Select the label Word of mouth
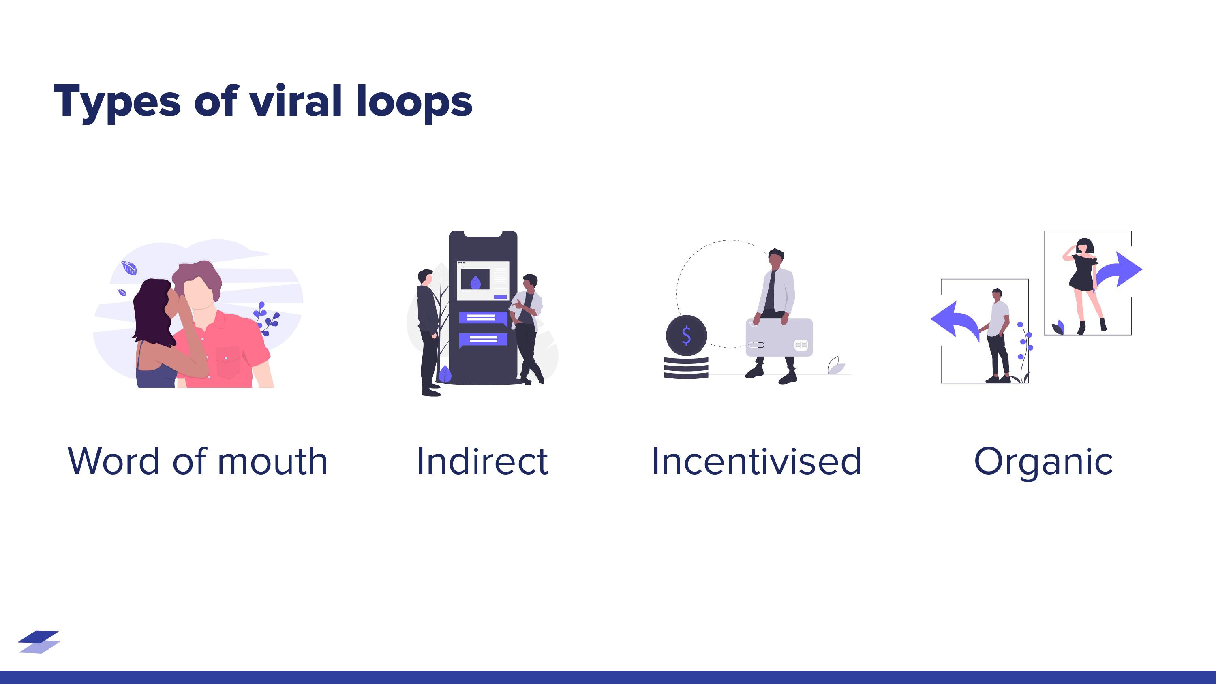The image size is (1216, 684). (197, 461)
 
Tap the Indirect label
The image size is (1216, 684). (482, 461)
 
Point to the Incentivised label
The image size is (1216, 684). (756, 461)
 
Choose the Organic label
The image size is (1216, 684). (1043, 461)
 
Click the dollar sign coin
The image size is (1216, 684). (686, 335)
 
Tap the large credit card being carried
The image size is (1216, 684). (779, 338)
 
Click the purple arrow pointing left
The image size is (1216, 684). (953, 321)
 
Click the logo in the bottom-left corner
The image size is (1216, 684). (39, 641)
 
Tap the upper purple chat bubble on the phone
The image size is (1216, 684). (482, 318)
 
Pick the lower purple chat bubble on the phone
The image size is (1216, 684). (482, 340)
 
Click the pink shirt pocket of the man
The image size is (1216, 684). (229, 363)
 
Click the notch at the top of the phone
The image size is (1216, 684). (483, 234)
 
